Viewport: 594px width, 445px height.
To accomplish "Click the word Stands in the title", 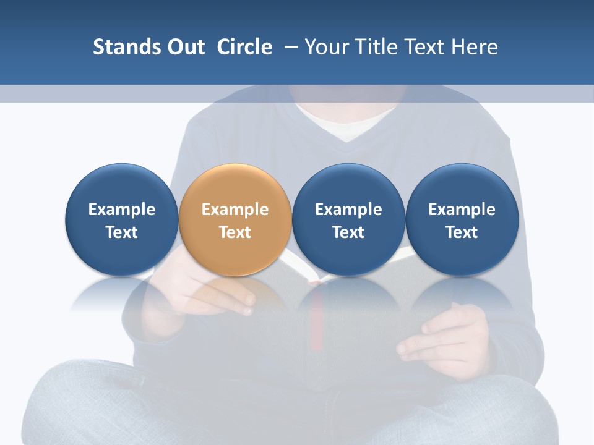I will pyautogui.click(x=126, y=47).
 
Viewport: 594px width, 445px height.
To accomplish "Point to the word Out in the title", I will pyautogui.click(x=184, y=47).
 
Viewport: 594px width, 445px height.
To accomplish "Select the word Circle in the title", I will pyautogui.click(x=244, y=47).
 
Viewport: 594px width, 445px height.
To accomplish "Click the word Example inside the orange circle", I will pyautogui.click(x=235, y=210).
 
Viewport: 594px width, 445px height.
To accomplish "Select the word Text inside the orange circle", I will pyautogui.click(x=235, y=232).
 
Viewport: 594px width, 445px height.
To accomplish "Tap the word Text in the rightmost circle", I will pyautogui.click(x=462, y=232).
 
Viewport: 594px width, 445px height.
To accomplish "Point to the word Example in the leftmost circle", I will pyautogui.click(x=121, y=210).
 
